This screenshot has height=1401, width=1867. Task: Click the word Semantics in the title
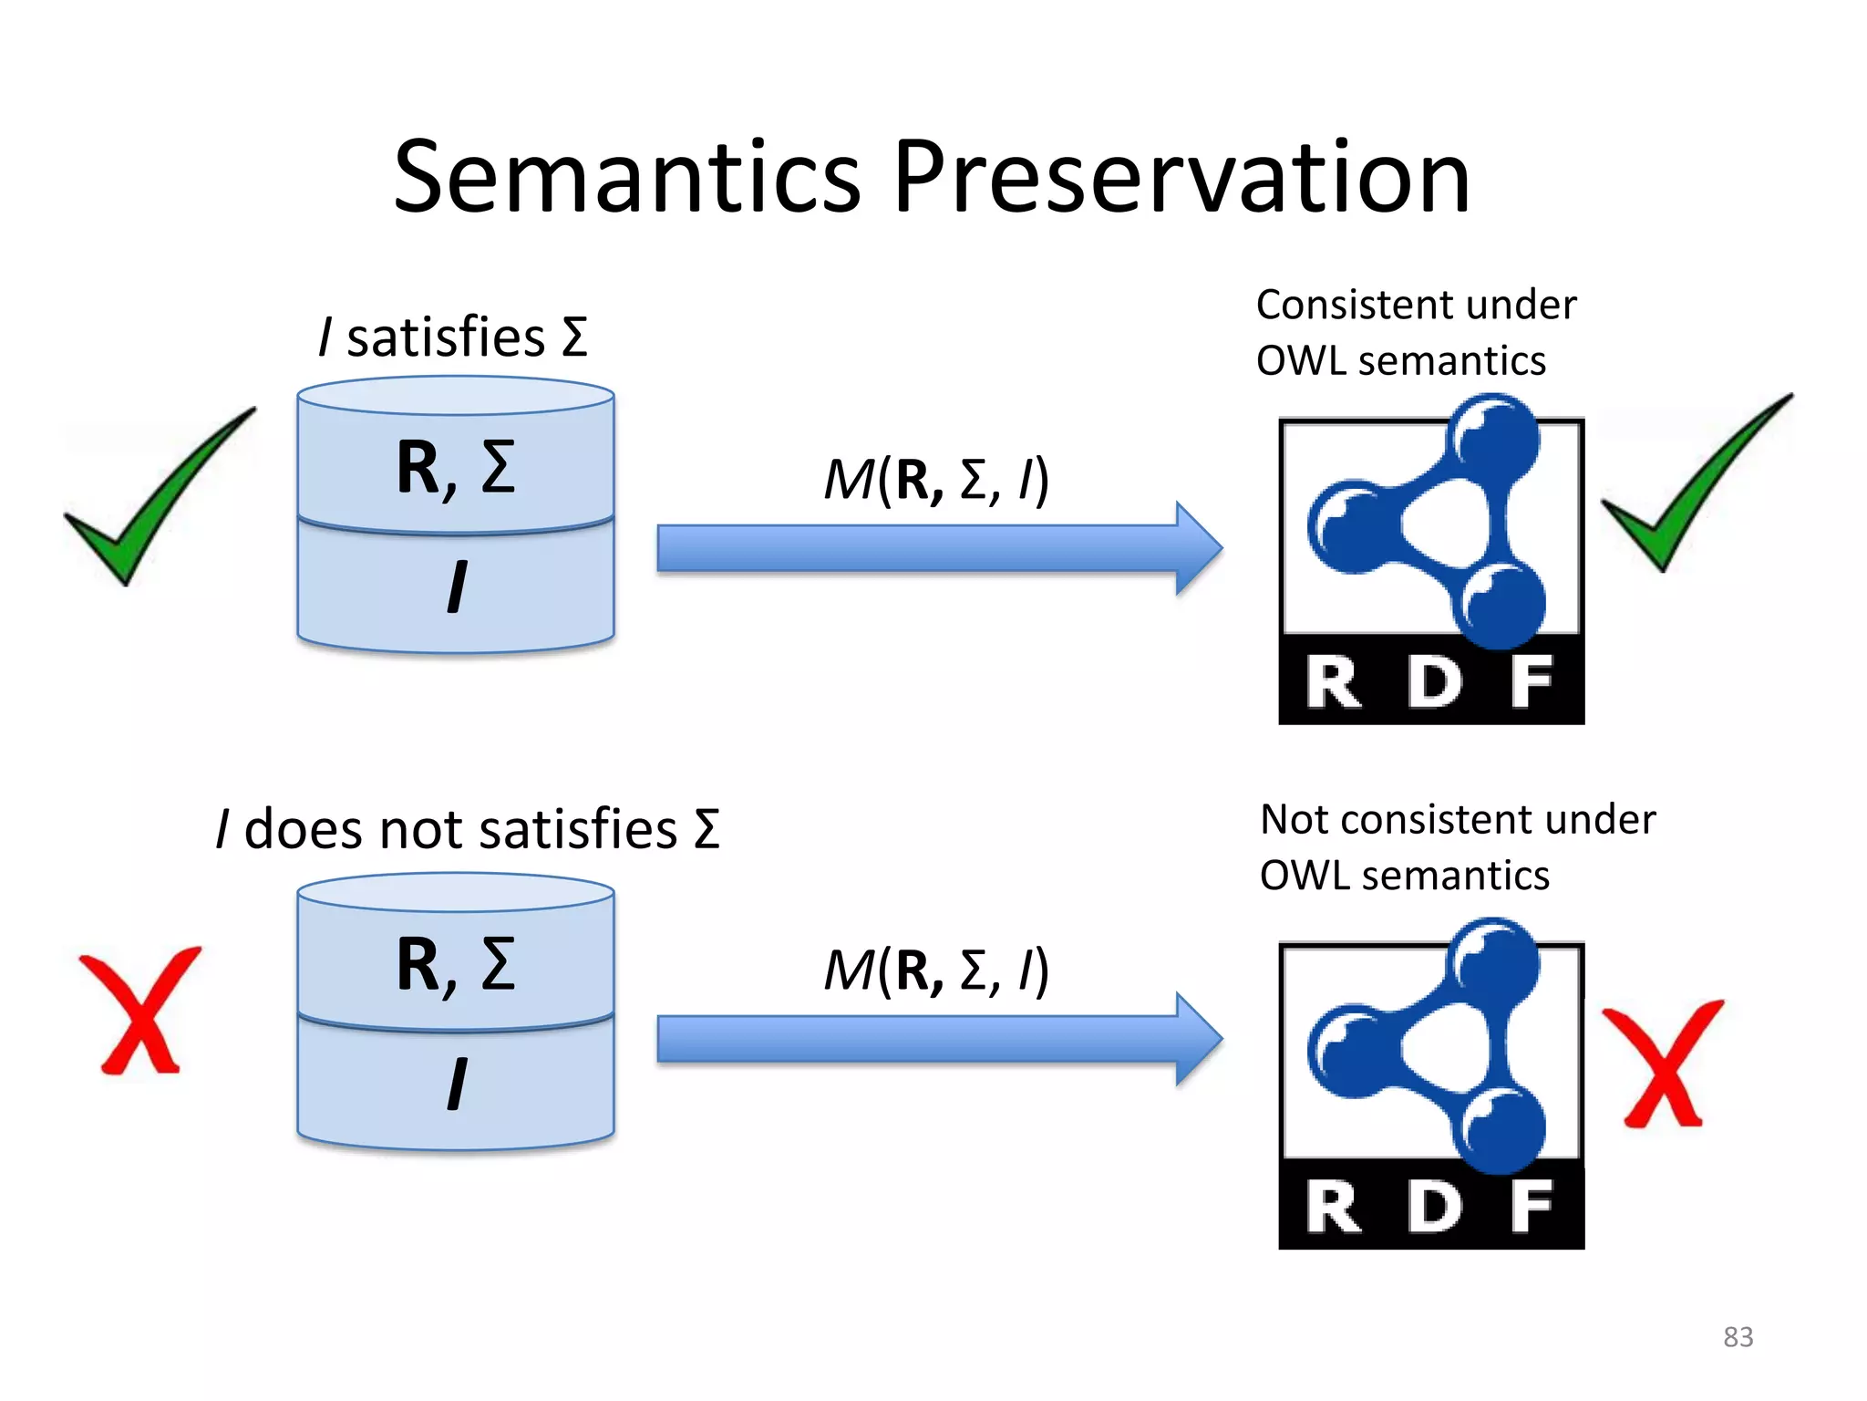pos(626,177)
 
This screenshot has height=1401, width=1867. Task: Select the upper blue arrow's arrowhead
pos(1196,548)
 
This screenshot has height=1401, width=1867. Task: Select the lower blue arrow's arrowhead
pos(1196,1039)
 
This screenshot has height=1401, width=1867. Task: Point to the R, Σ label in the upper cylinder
pos(456,467)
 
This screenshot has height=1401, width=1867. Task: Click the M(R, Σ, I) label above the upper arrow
pos(936,480)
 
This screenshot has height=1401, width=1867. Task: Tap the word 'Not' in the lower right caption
pos(1294,820)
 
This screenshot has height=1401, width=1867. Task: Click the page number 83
pos(1738,1337)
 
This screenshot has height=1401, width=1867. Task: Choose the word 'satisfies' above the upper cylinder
pos(446,337)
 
